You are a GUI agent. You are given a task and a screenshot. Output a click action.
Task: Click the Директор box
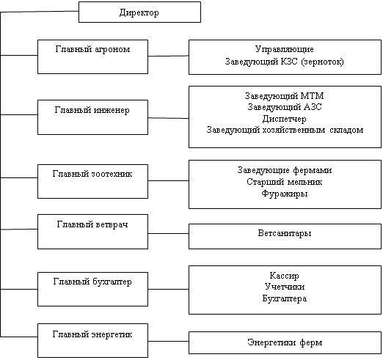click(139, 12)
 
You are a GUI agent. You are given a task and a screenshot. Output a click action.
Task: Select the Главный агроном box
click(92, 56)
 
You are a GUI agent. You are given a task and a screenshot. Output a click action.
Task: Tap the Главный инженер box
click(92, 117)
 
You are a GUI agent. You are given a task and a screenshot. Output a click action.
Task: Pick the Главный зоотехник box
click(92, 181)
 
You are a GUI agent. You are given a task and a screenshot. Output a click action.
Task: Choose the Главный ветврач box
click(92, 232)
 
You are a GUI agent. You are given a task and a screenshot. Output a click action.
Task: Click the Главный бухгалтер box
click(92, 289)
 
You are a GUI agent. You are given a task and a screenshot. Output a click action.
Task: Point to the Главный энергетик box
click(92, 340)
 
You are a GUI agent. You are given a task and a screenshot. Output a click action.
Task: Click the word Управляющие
click(284, 50)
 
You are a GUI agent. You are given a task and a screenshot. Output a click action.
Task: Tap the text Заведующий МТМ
click(284, 96)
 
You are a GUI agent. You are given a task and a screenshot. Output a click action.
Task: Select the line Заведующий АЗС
click(285, 107)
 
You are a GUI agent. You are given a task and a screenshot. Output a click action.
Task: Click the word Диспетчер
click(284, 119)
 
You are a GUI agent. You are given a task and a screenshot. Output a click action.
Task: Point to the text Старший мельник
click(284, 182)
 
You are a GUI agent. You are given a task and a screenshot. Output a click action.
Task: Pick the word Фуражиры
click(284, 194)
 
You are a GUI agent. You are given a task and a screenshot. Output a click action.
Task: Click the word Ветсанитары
click(285, 233)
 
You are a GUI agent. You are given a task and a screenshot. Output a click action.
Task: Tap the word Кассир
click(284, 276)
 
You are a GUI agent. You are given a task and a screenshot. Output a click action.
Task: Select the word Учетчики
click(285, 287)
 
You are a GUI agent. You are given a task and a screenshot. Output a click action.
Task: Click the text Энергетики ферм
click(285, 342)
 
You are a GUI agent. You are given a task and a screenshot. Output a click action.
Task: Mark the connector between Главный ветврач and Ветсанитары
click(169, 233)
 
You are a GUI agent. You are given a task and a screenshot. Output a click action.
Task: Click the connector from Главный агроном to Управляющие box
click(169, 56)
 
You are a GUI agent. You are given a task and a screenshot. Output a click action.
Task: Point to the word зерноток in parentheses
click(322, 62)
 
